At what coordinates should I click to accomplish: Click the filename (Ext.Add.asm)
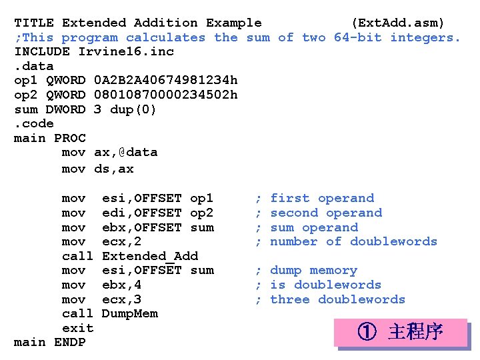point(397,23)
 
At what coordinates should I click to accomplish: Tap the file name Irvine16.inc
point(126,51)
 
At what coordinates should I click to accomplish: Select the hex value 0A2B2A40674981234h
point(166,80)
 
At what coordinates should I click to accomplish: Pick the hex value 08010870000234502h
point(166,95)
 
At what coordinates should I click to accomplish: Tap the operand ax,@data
point(126,153)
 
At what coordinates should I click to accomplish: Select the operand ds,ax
point(114,169)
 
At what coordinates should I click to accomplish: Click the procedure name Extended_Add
point(150,256)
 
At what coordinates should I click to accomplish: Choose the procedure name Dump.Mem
point(130,313)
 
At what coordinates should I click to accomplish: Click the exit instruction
point(77,328)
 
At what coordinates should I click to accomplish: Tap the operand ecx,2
point(121,241)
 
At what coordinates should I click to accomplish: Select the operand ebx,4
point(121,285)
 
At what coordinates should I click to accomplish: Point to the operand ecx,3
point(121,299)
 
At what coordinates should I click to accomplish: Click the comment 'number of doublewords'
point(353,241)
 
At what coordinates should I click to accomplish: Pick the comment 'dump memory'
point(313,271)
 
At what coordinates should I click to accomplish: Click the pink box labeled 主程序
point(401,332)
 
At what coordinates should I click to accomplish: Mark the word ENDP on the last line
point(69,343)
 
